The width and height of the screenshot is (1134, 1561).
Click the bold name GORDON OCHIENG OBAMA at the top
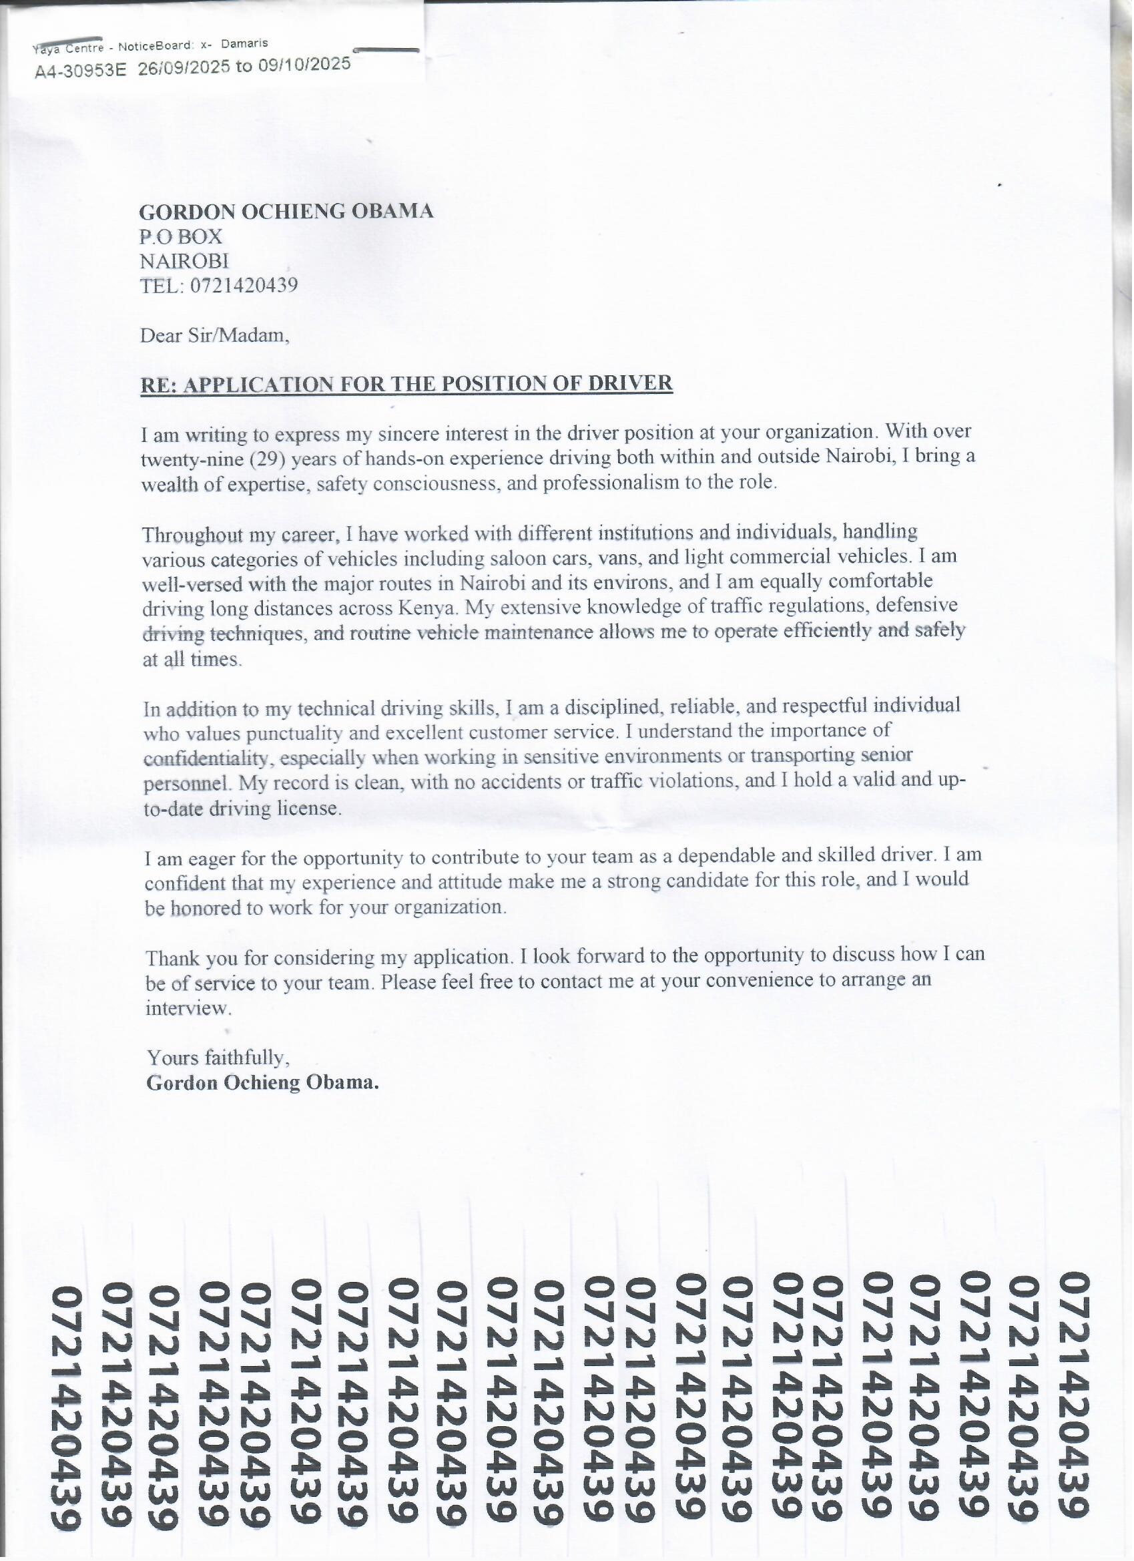tap(286, 211)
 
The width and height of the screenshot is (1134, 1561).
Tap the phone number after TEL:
tap(244, 285)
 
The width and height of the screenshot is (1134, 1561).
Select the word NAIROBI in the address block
tap(184, 261)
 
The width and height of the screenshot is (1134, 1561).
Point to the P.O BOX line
tap(181, 237)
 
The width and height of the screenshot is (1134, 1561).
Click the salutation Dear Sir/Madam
tap(215, 336)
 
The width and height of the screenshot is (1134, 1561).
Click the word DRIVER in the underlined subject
tap(630, 383)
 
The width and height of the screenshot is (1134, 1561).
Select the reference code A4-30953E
tap(81, 70)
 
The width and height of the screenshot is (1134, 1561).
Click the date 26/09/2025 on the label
tap(184, 68)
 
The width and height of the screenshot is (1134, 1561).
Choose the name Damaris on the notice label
tap(244, 43)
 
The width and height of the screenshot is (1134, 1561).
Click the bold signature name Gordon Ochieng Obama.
tap(262, 1083)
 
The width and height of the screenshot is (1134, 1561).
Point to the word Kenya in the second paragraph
tap(427, 608)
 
